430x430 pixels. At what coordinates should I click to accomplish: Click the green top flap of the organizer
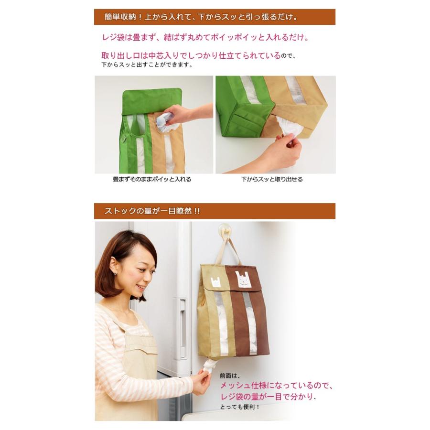pos(152,101)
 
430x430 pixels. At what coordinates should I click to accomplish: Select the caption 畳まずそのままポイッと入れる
pos(152,179)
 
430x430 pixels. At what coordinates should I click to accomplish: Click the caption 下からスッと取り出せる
pos(272,179)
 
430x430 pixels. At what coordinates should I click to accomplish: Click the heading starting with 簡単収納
pos(201,17)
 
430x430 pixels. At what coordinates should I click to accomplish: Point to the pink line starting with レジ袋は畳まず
pos(205,37)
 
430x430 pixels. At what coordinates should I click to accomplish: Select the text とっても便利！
pos(239,407)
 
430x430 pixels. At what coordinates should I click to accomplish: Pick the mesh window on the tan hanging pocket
pos(222,323)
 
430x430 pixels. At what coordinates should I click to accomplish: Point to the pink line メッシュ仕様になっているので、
pos(277,386)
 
